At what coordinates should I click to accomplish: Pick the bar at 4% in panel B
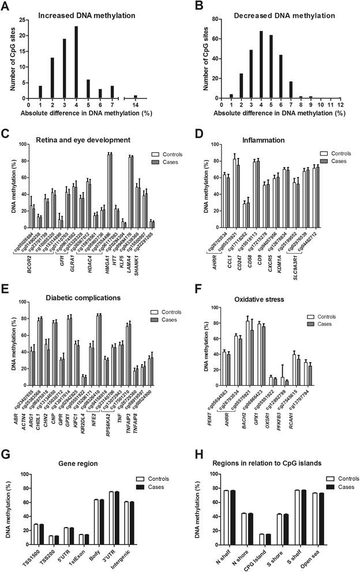(x=261, y=65)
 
